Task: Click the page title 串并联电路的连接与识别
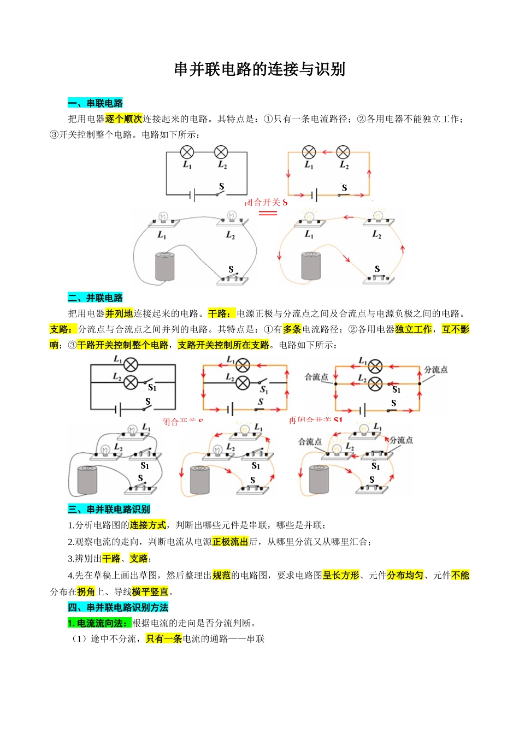tap(259, 69)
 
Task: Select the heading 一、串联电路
tap(95, 103)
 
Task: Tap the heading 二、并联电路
tap(95, 298)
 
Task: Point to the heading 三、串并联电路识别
tap(109, 509)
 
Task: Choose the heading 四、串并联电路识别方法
tap(118, 607)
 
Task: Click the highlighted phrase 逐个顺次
tap(123, 119)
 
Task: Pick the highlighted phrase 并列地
tap(119, 313)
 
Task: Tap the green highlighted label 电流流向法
tap(99, 623)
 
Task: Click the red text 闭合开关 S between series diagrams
tap(266, 203)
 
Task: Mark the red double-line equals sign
tap(268, 212)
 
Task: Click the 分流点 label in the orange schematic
tap(436, 370)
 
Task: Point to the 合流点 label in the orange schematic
tap(316, 377)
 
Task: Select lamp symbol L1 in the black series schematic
tap(187, 152)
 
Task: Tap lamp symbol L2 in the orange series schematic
tap(343, 152)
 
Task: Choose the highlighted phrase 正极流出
tap(230, 541)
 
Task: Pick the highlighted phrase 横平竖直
tap(150, 591)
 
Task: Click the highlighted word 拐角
tap(86, 591)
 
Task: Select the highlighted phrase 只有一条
tap(164, 639)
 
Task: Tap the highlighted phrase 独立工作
tap(414, 329)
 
